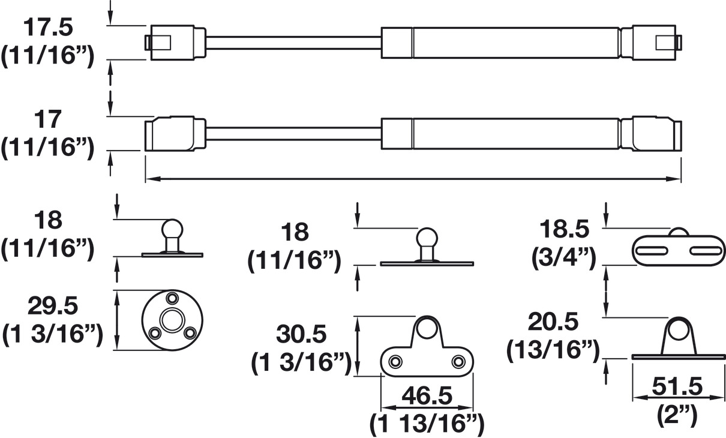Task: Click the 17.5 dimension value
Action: (48, 28)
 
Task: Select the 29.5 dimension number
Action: (53, 306)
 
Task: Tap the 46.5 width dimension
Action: (427, 396)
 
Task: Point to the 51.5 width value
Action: (677, 386)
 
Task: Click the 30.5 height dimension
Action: (301, 335)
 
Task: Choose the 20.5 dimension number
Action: (553, 322)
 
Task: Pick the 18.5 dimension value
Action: (564, 229)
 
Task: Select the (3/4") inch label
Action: (563, 258)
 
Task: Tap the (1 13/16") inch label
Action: (427, 424)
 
